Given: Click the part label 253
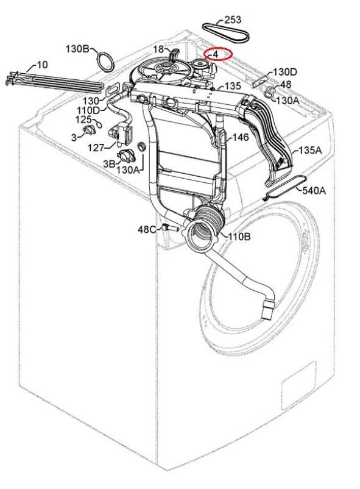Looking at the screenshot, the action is [x=233, y=20].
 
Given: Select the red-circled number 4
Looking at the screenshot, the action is [x=215, y=54].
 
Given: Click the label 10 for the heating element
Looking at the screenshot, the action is [x=42, y=65].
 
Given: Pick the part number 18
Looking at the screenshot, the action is [x=158, y=49].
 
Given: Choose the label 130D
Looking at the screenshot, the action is [x=285, y=72].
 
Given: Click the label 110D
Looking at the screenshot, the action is [x=88, y=110].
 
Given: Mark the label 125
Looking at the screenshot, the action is [x=83, y=119].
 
